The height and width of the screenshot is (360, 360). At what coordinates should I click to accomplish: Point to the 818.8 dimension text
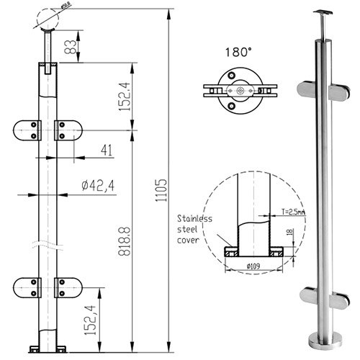pos(125,239)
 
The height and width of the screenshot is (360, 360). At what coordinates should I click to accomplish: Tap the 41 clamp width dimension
pos(107,150)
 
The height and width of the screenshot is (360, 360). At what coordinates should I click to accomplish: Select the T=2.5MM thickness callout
pos(289,212)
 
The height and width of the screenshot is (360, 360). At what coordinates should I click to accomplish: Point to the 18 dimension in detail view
pos(287,233)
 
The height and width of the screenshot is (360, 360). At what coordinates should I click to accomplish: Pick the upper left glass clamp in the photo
pos(307,91)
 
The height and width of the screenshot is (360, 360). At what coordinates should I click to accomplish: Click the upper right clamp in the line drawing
pos(68,130)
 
